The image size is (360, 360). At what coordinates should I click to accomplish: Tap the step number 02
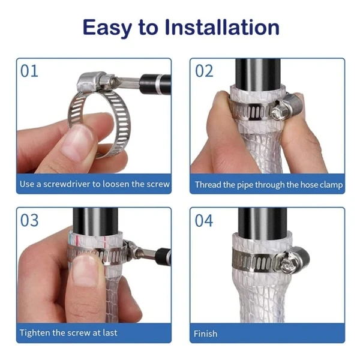(204, 71)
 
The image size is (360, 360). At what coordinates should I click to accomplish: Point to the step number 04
(204, 220)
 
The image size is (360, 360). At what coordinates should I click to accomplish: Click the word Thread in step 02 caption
(208, 185)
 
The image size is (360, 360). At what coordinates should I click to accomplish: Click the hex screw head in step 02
(278, 112)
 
